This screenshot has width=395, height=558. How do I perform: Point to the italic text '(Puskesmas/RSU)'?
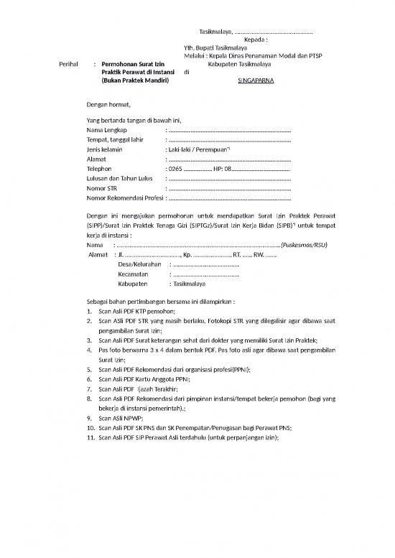coord(305,244)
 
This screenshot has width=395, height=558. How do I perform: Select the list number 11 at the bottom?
coord(89,436)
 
